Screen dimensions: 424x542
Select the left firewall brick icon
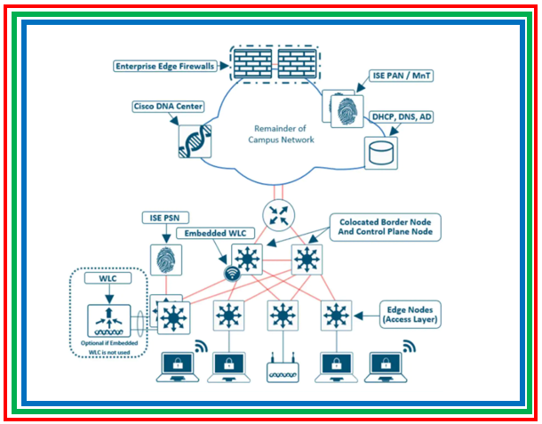pos(251,62)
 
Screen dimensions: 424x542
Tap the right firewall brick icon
pos(299,62)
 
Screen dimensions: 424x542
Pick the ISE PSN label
pos(163,218)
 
